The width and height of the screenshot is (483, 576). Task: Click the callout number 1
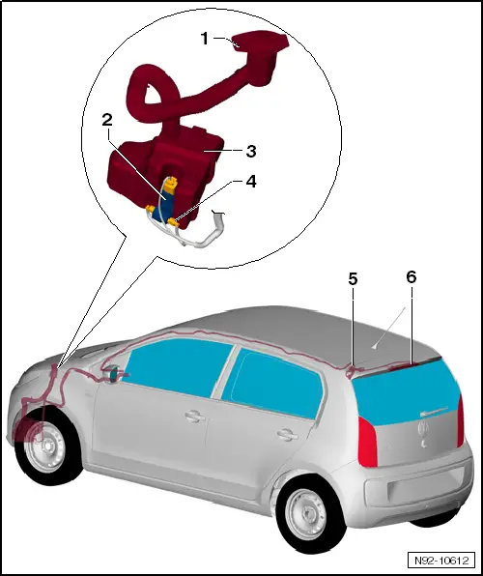(x=204, y=40)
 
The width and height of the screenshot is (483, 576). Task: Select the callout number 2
(x=107, y=120)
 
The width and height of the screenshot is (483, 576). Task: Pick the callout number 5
(x=353, y=278)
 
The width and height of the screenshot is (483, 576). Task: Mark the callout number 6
(x=411, y=276)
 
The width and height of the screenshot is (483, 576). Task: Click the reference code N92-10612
(x=440, y=560)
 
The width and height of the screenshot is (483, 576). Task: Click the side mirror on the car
(x=117, y=374)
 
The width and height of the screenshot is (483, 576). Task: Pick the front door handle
(x=194, y=418)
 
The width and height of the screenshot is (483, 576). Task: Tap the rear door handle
(x=285, y=434)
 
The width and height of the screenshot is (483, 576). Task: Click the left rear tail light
(x=369, y=444)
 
